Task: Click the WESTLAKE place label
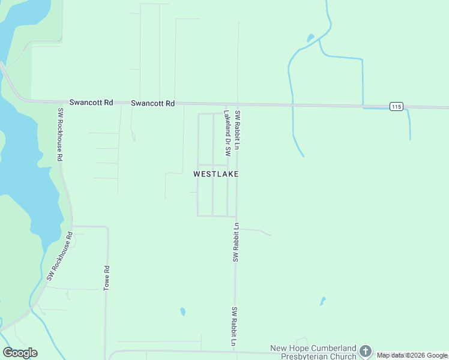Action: [x=216, y=174]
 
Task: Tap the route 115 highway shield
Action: [x=396, y=106]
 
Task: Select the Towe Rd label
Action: [x=106, y=278]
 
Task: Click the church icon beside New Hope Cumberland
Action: [x=366, y=352]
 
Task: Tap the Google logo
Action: [x=20, y=353]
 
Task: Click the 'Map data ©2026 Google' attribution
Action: [x=412, y=355]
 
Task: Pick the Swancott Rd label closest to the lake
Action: [x=91, y=103]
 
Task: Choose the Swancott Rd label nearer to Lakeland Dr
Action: [x=152, y=103]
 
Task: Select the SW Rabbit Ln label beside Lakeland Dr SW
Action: [x=238, y=130]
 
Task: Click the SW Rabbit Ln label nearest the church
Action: [x=235, y=326]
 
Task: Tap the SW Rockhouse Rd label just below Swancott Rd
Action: [x=60, y=135]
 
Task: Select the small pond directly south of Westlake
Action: [x=182, y=311]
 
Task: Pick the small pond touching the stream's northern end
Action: [x=310, y=38]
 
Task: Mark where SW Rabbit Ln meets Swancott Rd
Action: [x=238, y=104]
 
